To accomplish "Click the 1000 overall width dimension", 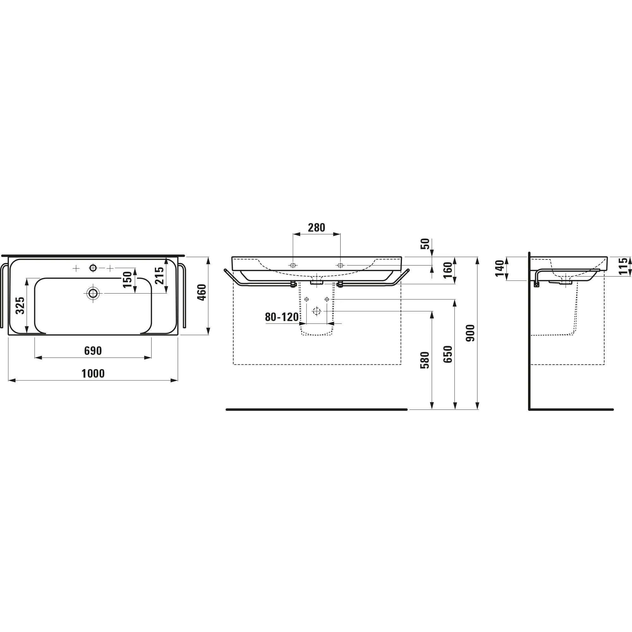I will pyautogui.click(x=93, y=374).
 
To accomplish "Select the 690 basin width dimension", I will pyautogui.click(x=93, y=351).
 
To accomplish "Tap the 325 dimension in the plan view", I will pyautogui.click(x=20, y=305).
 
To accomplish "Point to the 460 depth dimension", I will pyautogui.click(x=202, y=292).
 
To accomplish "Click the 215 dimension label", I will pyautogui.click(x=159, y=276).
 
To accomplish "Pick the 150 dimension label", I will pyautogui.click(x=128, y=279).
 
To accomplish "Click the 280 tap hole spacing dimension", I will pyautogui.click(x=316, y=228).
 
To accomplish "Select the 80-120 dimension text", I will pyautogui.click(x=282, y=317).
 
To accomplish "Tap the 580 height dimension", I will pyautogui.click(x=425, y=360).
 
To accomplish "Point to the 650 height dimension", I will pyautogui.click(x=447, y=354).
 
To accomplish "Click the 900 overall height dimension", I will pyautogui.click(x=471, y=333).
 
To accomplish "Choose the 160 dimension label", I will pyautogui.click(x=447, y=270).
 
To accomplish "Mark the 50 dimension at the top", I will pyautogui.click(x=425, y=244).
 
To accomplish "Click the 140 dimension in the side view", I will pyautogui.click(x=500, y=268).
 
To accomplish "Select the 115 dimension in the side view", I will pyautogui.click(x=623, y=266).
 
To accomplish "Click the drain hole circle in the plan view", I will pyautogui.click(x=93, y=294).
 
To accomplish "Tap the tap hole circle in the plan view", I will pyautogui.click(x=93, y=268).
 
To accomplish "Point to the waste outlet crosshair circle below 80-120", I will pyautogui.click(x=317, y=311).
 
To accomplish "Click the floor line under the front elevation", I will pyautogui.click(x=316, y=410).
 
